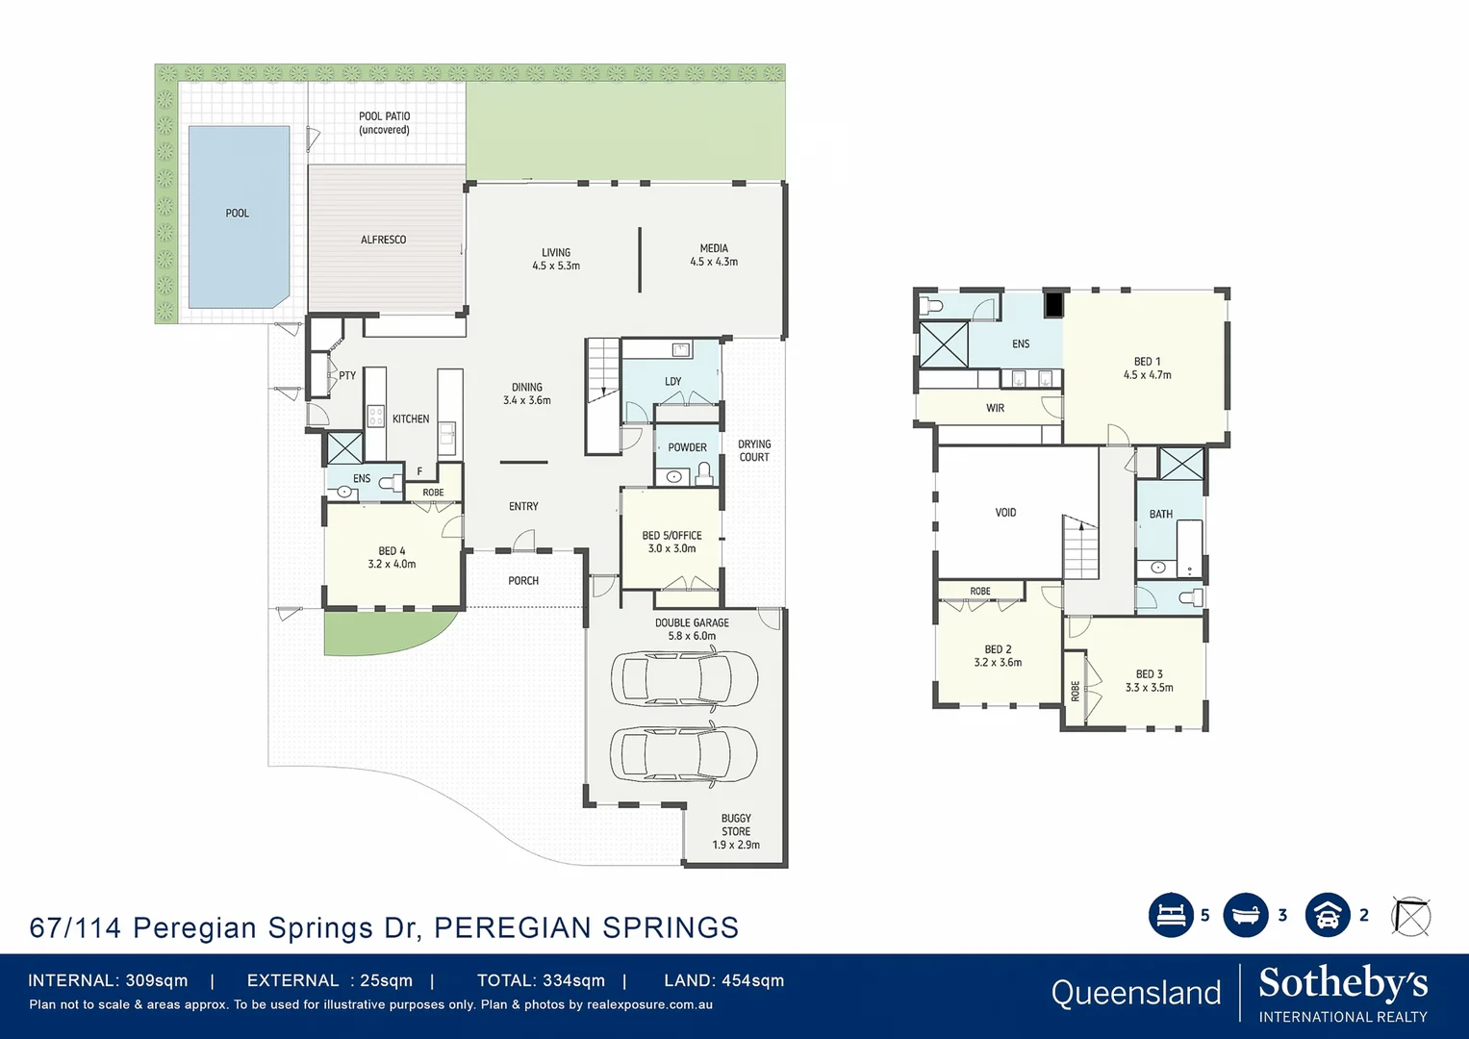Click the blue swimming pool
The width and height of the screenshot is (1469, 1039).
click(x=238, y=216)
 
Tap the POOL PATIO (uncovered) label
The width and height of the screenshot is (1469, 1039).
click(x=384, y=123)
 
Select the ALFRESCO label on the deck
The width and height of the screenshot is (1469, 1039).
click(x=383, y=240)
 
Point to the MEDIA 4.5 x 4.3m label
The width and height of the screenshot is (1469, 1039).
click(x=714, y=255)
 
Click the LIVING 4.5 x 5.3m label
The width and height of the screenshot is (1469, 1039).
click(x=556, y=259)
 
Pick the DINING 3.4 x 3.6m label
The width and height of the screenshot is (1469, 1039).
click(x=526, y=393)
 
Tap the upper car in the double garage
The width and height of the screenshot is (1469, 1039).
click(x=684, y=678)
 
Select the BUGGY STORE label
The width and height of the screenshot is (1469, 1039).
click(x=736, y=831)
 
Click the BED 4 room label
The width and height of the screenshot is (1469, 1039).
click(x=392, y=558)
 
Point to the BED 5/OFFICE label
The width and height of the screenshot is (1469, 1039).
click(x=671, y=542)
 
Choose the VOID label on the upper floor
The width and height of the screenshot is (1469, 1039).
click(x=1005, y=513)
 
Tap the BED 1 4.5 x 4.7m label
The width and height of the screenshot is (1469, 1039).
click(x=1147, y=368)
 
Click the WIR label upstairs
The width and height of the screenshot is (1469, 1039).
click(x=995, y=408)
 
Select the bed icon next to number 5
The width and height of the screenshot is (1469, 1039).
click(x=1171, y=915)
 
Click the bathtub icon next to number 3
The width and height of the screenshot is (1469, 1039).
click(x=1246, y=915)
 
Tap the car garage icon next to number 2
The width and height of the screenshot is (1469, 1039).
click(x=1328, y=915)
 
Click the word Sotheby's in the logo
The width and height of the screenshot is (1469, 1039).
click(x=1343, y=983)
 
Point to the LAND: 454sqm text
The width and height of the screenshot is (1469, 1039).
click(x=723, y=980)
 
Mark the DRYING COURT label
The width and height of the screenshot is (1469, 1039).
click(x=754, y=450)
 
